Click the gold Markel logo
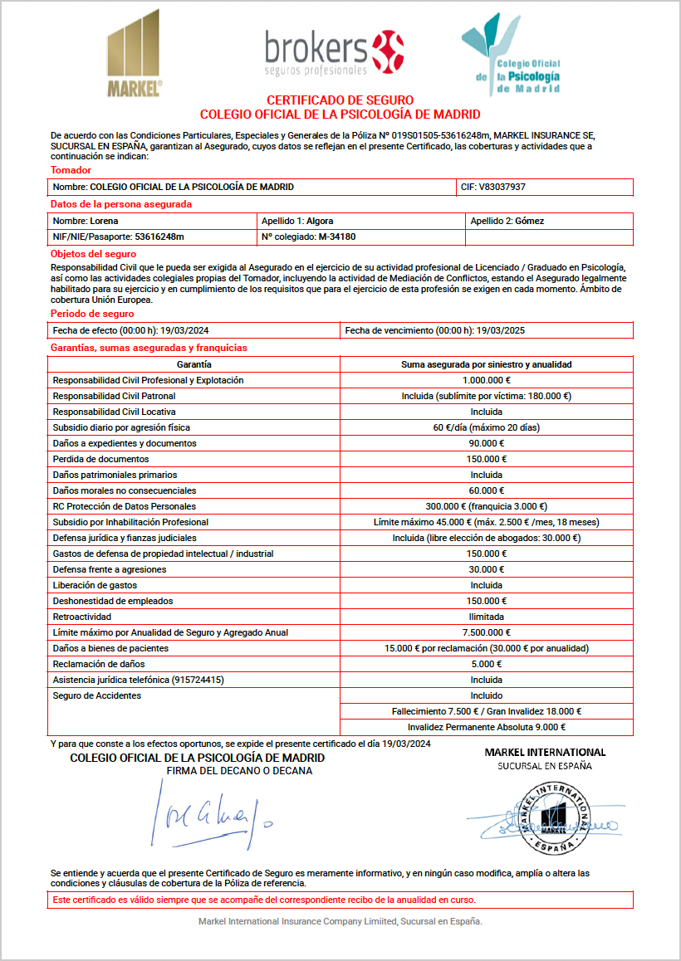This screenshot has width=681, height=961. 134,54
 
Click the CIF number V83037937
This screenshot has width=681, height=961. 502,187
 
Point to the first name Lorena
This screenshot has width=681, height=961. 105,221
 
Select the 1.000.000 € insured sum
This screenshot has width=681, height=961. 486,380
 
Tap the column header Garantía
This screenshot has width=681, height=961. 194,364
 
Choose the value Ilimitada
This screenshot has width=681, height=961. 486,617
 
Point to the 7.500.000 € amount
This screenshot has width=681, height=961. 486,632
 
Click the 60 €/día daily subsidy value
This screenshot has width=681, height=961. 486,427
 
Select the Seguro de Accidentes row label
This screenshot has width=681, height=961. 96,695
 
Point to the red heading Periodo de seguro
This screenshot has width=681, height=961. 92,314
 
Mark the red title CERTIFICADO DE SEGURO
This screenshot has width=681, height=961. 340,100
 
